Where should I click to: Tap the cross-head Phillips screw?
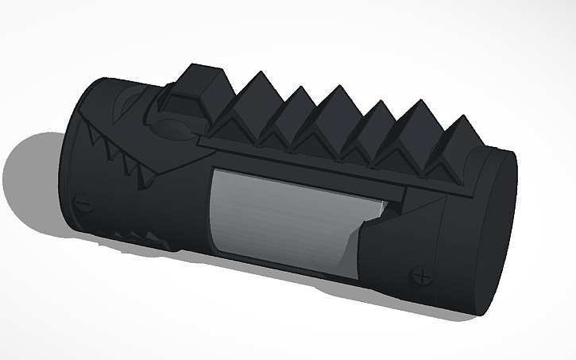(x=422, y=277)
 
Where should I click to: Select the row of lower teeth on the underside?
(x=132, y=237)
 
